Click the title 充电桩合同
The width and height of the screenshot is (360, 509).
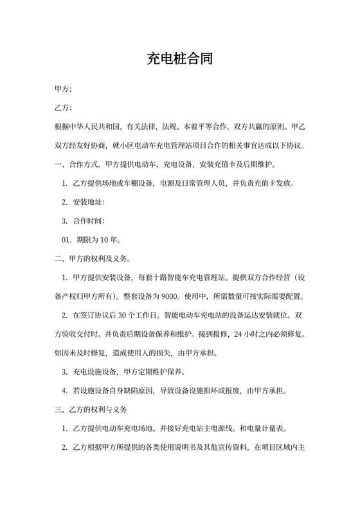179,60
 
